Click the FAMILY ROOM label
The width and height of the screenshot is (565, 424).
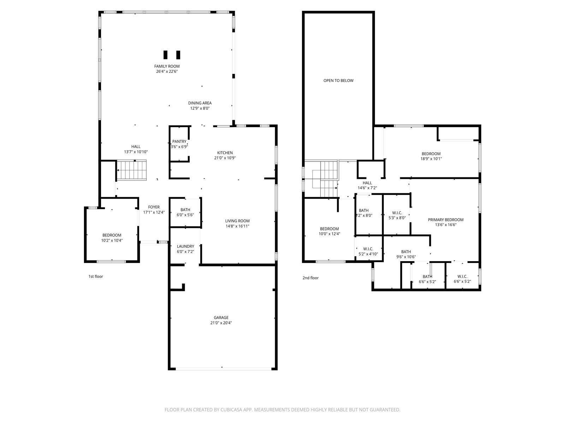point(167,66)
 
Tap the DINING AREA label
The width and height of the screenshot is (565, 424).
point(200,103)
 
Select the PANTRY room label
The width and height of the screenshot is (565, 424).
point(179,142)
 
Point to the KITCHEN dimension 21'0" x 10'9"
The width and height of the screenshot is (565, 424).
point(225,158)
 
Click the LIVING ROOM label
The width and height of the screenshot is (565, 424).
point(237,221)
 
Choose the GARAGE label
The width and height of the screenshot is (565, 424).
point(221,318)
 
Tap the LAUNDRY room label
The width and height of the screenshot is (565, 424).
point(185,246)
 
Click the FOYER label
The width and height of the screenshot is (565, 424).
point(154,207)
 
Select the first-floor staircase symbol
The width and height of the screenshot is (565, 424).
point(132,170)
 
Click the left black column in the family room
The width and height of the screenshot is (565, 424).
point(166,55)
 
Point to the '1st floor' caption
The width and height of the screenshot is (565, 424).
point(96,277)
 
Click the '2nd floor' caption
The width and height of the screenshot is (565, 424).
point(310,278)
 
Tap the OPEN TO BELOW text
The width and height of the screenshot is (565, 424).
point(339,81)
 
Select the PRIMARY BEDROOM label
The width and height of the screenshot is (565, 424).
point(446,220)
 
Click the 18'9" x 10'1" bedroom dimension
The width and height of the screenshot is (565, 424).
point(431,159)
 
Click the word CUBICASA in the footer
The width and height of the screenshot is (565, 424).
point(231,410)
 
